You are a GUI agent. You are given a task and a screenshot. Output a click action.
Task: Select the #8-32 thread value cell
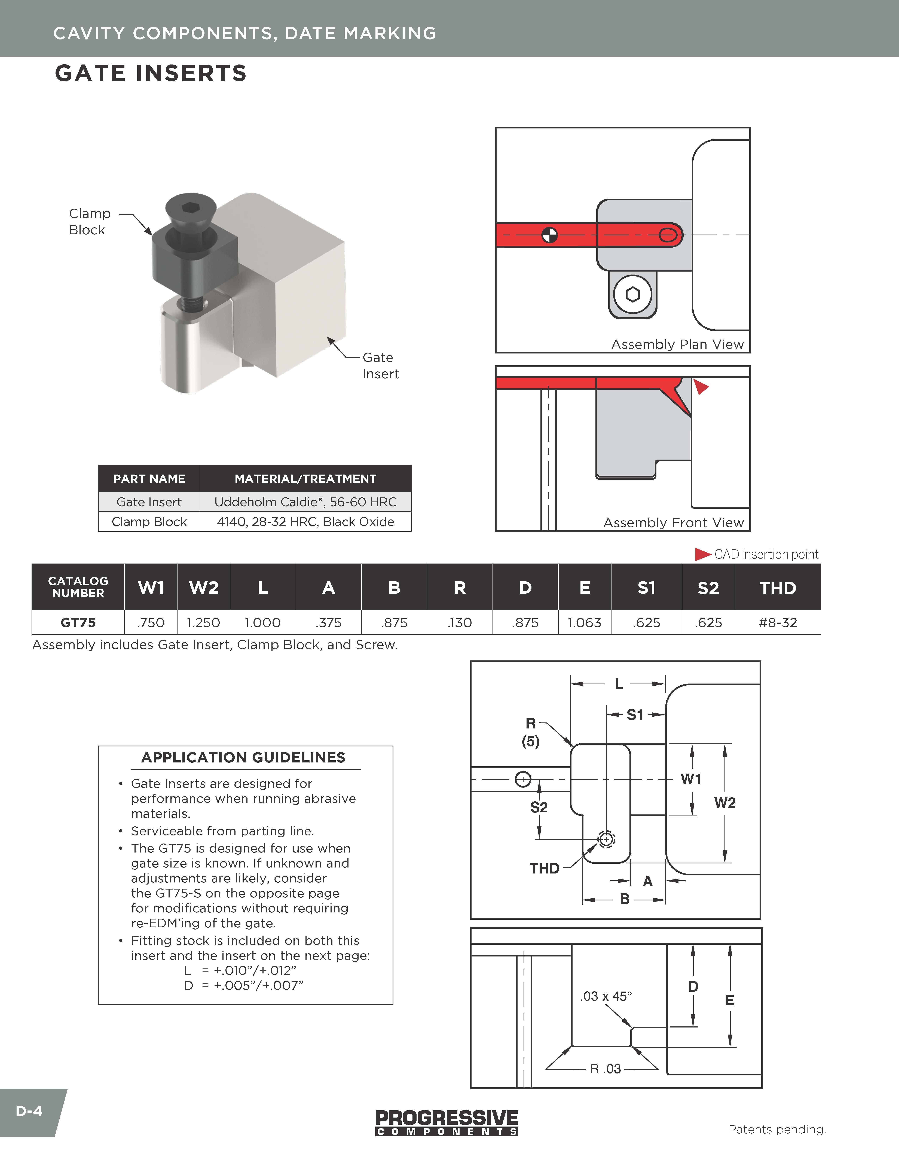[x=778, y=623]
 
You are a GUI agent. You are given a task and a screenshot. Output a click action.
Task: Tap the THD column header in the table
[x=778, y=588]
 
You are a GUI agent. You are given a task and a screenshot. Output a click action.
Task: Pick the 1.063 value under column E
[x=584, y=623]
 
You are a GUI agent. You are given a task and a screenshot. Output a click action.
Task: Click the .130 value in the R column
[x=460, y=623]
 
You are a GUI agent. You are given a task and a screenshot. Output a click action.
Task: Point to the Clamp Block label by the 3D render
[x=90, y=221]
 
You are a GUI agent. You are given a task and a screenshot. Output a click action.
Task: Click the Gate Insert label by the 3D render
[x=380, y=366]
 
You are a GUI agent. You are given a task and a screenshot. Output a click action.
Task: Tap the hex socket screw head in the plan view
[x=633, y=294]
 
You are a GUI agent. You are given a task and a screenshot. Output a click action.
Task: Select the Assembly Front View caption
[x=673, y=523]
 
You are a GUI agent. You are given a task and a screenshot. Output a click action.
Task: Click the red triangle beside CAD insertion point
[x=702, y=554]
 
